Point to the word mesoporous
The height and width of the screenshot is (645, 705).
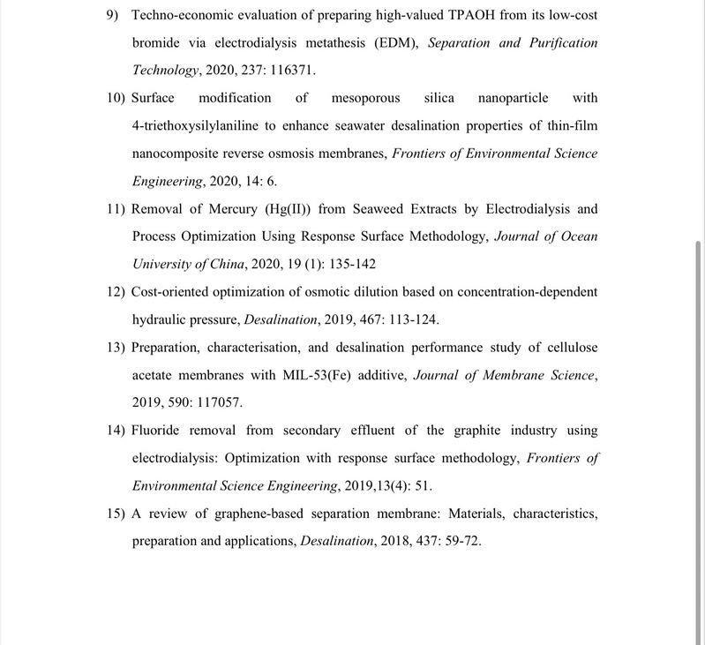coord(366,98)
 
